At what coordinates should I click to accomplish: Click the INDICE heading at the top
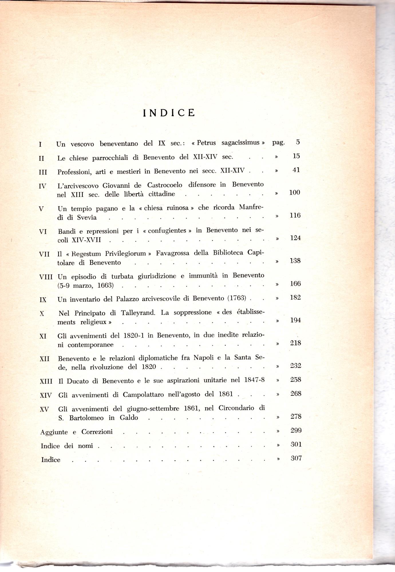(169, 113)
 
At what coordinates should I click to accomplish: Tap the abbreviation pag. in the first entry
(278, 142)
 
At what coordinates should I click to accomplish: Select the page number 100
(295, 192)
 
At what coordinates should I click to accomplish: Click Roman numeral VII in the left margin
(44, 254)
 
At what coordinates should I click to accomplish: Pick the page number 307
(296, 458)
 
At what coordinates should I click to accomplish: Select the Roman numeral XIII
(46, 381)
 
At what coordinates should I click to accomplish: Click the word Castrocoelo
(165, 185)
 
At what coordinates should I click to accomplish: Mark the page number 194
(295, 320)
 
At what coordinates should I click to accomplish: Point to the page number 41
(296, 170)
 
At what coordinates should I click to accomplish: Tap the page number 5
(298, 142)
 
